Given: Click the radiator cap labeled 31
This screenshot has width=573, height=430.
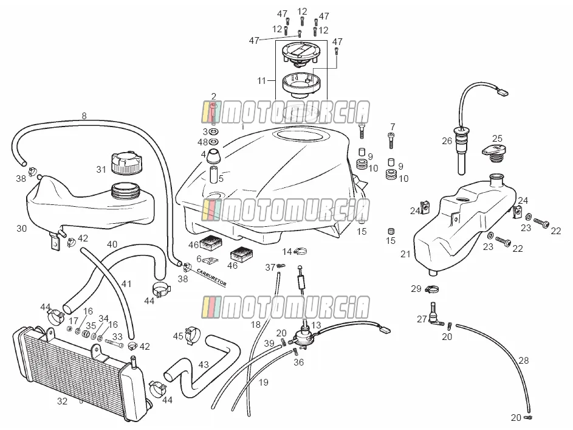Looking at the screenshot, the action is click(x=126, y=164).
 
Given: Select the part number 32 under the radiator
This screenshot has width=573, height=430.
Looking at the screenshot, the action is click(x=62, y=401).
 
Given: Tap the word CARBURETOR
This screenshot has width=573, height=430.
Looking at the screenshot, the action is click(x=211, y=277).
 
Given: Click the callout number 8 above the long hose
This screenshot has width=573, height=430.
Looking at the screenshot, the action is click(x=84, y=116).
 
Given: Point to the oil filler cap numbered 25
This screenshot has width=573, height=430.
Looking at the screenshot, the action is click(x=493, y=153).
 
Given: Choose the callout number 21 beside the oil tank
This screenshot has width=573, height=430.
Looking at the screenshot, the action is click(x=405, y=254).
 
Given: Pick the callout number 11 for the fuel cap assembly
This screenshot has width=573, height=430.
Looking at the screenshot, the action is click(x=261, y=80).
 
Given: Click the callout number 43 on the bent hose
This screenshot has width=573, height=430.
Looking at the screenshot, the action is click(x=204, y=364).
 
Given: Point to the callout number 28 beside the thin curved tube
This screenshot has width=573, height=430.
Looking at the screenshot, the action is click(x=524, y=361).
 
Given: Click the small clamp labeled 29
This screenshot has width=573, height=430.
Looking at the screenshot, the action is click(x=431, y=290).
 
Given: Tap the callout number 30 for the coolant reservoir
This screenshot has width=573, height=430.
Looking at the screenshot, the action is click(x=21, y=228).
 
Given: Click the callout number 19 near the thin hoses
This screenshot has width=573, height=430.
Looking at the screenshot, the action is click(x=264, y=382).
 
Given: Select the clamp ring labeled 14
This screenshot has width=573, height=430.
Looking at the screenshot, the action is click(x=300, y=252).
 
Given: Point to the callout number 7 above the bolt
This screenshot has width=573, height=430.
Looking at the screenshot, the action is click(x=393, y=127).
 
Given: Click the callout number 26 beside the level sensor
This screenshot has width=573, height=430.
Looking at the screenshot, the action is click(x=447, y=140).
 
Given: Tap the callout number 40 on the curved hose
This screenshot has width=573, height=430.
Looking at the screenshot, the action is click(x=112, y=244).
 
